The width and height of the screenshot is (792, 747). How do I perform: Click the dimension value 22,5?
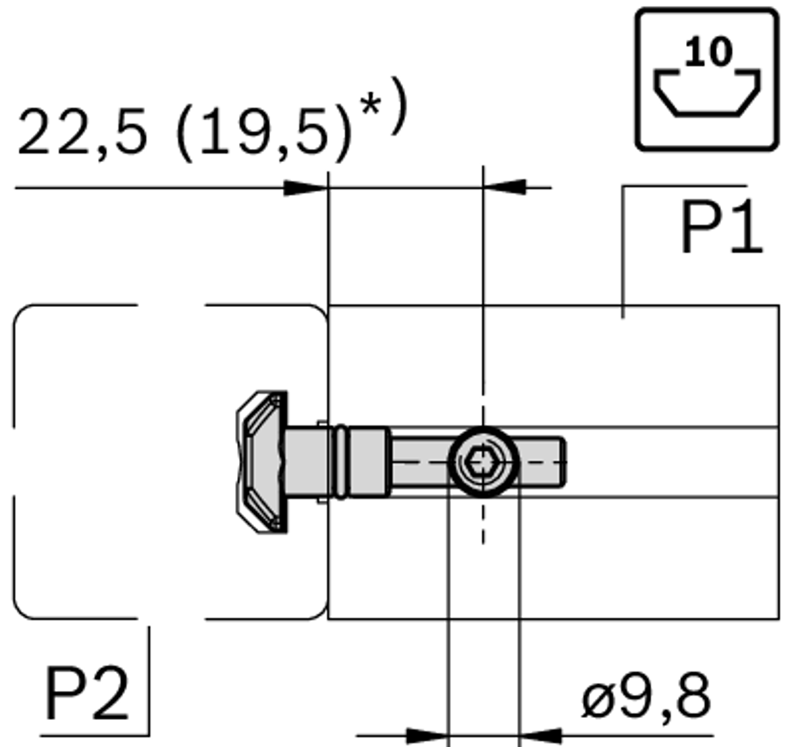point(81,132)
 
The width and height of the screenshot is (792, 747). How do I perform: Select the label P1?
point(721,229)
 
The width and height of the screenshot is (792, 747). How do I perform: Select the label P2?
point(86,694)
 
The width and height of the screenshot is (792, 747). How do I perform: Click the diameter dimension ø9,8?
point(645,698)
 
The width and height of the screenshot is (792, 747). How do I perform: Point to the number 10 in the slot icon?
point(708,52)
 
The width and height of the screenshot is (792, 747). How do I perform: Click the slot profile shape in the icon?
point(707,94)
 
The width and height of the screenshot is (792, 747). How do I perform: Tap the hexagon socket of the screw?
point(483,462)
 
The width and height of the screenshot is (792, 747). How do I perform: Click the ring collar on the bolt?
point(341,462)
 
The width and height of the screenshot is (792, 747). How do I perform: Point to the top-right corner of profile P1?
point(777,306)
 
